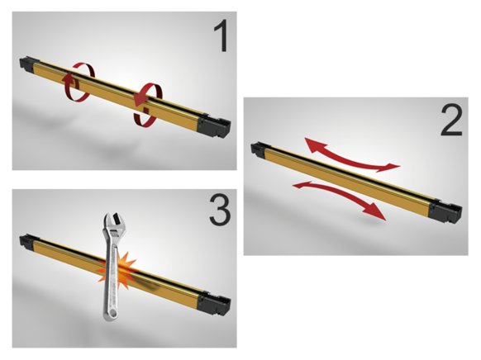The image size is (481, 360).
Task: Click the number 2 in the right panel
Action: pyautogui.click(x=450, y=122)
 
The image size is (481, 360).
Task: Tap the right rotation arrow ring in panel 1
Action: pyautogui.click(x=145, y=102)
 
